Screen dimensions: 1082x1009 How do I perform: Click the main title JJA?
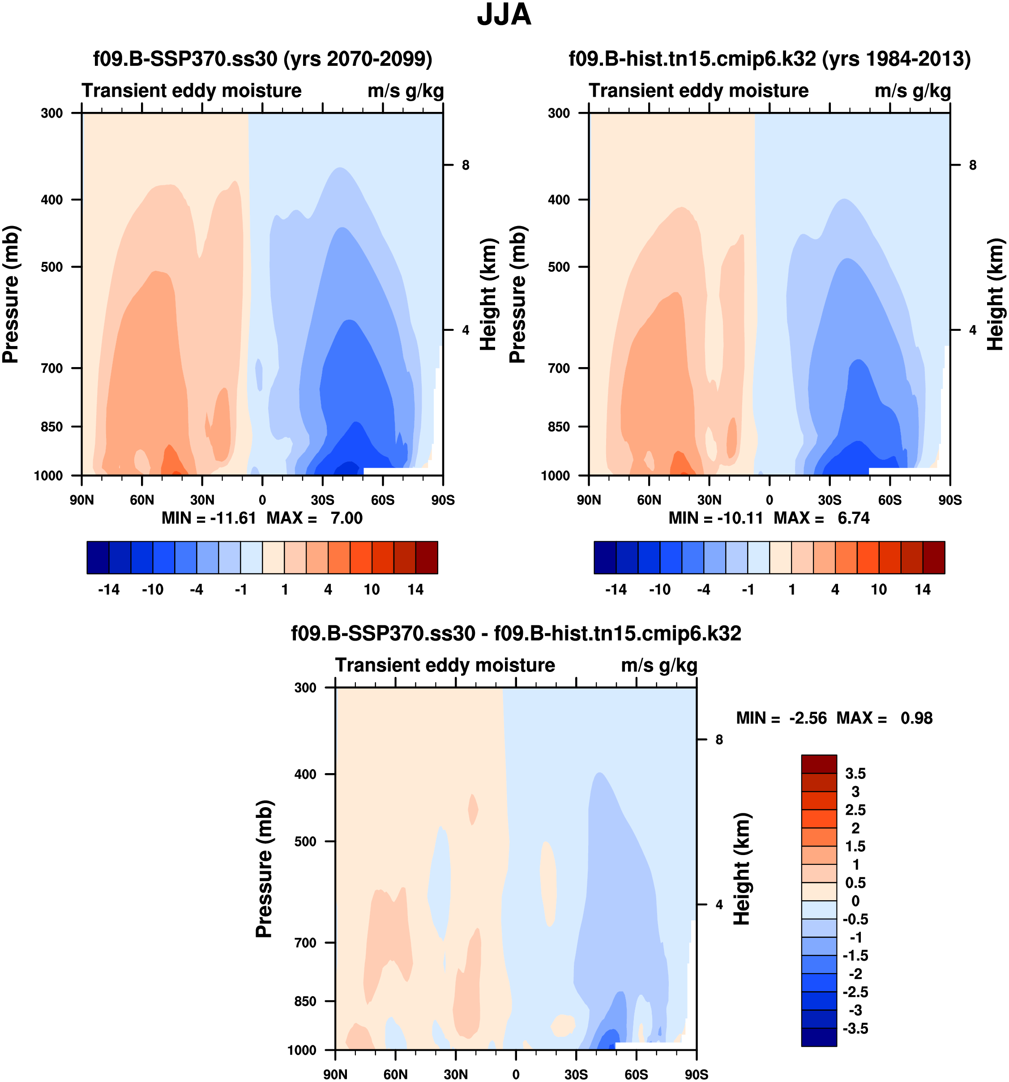[504, 15]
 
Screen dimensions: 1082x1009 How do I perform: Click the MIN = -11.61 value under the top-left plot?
[209, 517]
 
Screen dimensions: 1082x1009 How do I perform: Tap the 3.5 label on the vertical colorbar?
[855, 774]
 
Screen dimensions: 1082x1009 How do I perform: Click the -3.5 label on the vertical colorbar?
[855, 1028]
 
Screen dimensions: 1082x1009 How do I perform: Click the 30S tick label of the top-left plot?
[322, 500]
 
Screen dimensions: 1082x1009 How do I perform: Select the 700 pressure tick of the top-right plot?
[559, 368]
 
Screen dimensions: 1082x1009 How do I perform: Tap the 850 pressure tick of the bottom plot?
[305, 1001]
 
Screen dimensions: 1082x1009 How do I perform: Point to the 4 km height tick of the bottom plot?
[719, 905]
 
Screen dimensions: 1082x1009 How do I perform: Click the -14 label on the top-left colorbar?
[109, 590]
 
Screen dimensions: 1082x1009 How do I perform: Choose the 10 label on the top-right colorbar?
[878, 590]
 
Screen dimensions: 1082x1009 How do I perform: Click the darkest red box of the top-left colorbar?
[427, 557]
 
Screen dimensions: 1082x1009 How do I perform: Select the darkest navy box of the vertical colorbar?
[818, 1037]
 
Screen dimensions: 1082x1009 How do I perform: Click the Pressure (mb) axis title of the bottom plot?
[264, 868]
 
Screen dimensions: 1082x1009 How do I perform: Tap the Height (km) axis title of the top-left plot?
[489, 294]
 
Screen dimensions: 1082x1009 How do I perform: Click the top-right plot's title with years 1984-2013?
[770, 58]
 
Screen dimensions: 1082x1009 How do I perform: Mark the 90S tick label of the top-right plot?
[949, 500]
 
